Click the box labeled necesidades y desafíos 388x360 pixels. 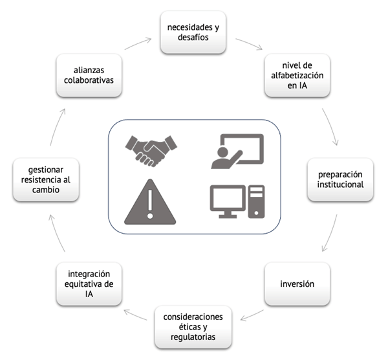[194, 32]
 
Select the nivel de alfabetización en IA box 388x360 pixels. [298, 76]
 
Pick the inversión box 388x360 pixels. [297, 284]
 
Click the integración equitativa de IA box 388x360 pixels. [89, 284]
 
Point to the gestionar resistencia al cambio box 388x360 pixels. [45, 179]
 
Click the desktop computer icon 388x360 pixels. [237, 201]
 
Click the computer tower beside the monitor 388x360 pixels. [256, 201]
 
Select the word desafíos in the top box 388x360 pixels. [194, 38]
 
